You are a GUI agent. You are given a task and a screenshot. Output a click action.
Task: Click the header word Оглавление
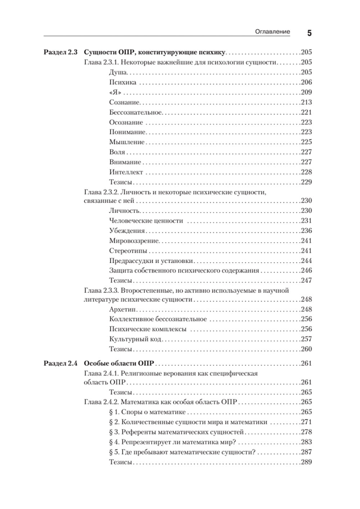tap(272, 32)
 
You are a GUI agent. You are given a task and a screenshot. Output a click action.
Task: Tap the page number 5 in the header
tap(309, 33)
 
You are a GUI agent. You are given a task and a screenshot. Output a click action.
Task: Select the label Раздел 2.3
tap(60, 52)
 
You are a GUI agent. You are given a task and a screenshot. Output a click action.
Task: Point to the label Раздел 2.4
tap(60, 363)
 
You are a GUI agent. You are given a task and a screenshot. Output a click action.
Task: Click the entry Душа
tap(118, 72)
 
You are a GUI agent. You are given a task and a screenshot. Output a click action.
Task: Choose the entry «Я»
tap(115, 92)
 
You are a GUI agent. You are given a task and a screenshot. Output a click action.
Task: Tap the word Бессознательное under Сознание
tap(136, 112)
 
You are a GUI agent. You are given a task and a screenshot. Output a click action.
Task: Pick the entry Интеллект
tap(126, 172)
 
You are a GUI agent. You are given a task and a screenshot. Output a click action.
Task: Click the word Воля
tap(117, 152)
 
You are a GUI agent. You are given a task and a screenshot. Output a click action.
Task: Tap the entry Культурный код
tap(135, 339)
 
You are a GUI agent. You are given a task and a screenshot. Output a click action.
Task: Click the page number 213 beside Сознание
tap(306, 102)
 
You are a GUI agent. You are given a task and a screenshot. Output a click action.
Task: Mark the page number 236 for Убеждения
tap(306, 231)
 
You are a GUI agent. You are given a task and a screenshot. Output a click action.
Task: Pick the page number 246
tap(306, 271)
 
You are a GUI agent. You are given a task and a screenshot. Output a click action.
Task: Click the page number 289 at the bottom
tap(306, 462)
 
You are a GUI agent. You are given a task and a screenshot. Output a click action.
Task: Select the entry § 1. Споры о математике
tap(147, 412)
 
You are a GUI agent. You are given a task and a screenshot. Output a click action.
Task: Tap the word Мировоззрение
tap(134, 241)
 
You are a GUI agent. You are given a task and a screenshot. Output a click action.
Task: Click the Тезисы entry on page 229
tap(121, 182)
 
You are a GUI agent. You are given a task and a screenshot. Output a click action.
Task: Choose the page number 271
tap(306, 422)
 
